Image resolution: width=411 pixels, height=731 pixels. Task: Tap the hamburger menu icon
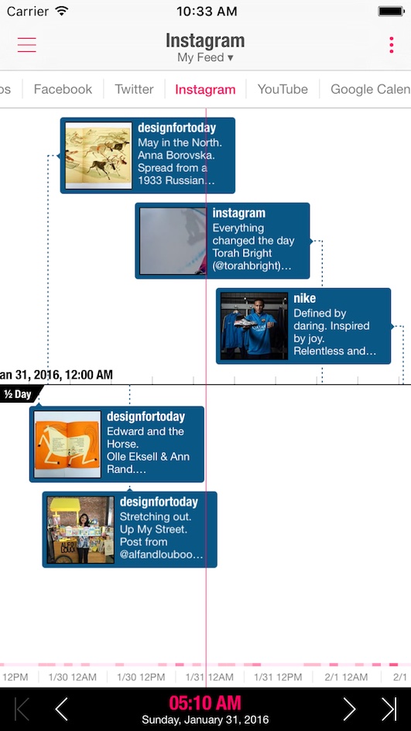click(27, 44)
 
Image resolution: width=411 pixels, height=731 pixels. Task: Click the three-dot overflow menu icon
click(392, 45)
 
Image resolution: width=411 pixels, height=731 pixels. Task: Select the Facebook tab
click(63, 89)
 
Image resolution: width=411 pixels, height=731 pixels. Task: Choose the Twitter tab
click(134, 89)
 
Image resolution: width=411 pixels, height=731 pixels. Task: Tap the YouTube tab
click(283, 89)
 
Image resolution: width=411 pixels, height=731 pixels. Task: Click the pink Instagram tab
click(206, 90)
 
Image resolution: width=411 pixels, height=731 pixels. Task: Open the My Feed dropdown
click(206, 58)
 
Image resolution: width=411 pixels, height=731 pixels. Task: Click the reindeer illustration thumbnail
click(98, 155)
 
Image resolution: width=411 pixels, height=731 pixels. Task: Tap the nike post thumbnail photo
click(254, 326)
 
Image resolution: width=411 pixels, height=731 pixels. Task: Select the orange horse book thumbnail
click(67, 444)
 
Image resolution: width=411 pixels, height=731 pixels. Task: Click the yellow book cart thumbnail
click(80, 530)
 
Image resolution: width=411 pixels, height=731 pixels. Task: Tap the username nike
click(305, 298)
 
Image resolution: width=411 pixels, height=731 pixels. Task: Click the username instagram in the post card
click(239, 213)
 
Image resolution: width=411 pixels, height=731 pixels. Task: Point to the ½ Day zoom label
click(19, 394)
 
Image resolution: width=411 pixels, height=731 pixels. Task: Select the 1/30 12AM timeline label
click(72, 677)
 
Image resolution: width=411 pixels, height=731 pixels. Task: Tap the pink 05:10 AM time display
click(205, 702)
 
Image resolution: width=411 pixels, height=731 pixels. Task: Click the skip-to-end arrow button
click(389, 709)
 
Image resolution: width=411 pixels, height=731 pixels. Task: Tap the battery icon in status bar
click(391, 11)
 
